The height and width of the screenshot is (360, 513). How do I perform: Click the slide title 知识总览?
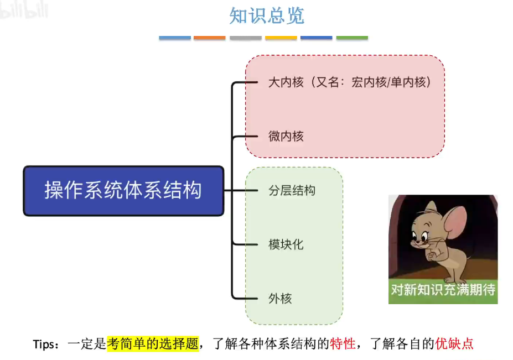coord(267,15)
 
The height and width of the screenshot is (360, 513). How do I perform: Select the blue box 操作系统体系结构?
coord(123,190)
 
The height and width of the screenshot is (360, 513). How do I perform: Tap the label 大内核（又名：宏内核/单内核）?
coord(349,82)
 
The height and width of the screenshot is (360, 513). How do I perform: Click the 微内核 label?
coord(286,136)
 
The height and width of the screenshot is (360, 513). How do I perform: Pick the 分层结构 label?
coord(292,191)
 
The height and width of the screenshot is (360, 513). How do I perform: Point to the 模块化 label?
coord(286,244)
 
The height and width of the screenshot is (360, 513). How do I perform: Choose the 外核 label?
coord(280,299)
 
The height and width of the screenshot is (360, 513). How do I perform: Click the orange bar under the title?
coord(210,38)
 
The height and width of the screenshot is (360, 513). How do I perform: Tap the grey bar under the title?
coord(245,38)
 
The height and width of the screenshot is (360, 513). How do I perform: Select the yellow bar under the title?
coord(281,38)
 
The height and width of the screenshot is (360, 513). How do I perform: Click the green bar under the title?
coord(352,38)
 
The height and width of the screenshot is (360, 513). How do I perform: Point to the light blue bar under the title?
coord(175,38)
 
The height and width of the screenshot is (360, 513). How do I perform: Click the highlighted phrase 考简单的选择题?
coord(153,344)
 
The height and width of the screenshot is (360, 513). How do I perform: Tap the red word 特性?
coord(343,344)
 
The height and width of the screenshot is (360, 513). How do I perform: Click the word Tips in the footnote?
coord(44,344)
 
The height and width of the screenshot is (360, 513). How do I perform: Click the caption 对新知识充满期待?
coord(443,289)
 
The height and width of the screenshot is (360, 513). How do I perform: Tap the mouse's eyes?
coord(421,236)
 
